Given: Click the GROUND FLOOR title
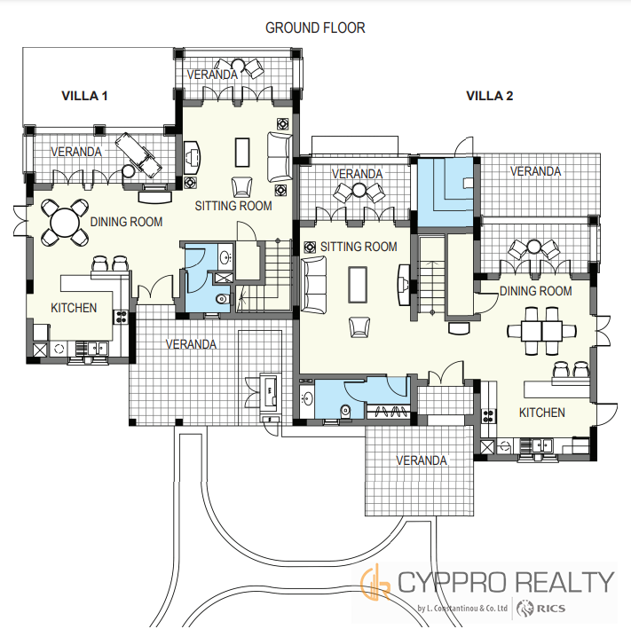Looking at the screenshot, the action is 315,28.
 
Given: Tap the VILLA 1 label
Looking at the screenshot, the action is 84,96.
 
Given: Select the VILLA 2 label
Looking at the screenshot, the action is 490,96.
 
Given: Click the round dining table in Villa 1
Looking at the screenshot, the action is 65,222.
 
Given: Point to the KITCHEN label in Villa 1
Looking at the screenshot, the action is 74,308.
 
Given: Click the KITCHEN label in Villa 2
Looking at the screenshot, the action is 542,413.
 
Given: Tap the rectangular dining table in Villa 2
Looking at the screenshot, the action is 541,331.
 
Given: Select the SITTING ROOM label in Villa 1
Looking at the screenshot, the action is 233,206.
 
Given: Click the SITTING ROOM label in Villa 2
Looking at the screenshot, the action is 359,247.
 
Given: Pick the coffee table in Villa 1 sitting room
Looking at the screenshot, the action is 242,153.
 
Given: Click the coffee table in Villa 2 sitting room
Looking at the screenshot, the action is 358,285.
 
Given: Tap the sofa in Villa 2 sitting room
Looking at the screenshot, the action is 313,285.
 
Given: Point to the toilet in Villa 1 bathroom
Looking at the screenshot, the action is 223,299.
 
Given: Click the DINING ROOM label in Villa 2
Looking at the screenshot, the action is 535,291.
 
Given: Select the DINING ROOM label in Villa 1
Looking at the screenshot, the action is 126,222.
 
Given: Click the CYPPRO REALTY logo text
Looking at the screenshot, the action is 505,582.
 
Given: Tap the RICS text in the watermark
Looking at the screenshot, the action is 551,608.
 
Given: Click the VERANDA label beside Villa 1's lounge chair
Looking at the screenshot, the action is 76,152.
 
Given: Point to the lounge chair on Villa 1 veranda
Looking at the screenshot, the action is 138,155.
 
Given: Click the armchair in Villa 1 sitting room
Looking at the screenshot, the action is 241,187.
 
